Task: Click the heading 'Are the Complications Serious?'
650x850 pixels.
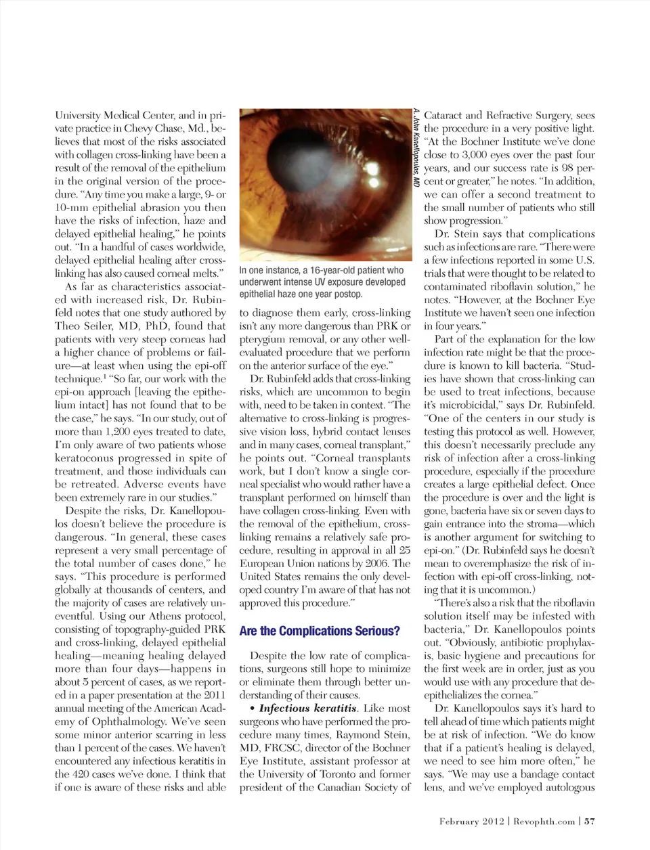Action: tap(320, 631)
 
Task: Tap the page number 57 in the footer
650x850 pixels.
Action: tap(590, 821)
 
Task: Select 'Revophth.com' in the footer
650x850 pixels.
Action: tap(544, 821)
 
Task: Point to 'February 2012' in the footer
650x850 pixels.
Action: tap(471, 821)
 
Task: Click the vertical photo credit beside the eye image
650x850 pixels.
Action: tap(417, 148)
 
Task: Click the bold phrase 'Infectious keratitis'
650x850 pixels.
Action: tap(308, 708)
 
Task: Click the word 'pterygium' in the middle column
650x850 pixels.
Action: tap(265, 338)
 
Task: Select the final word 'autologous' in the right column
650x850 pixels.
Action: tap(566, 787)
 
